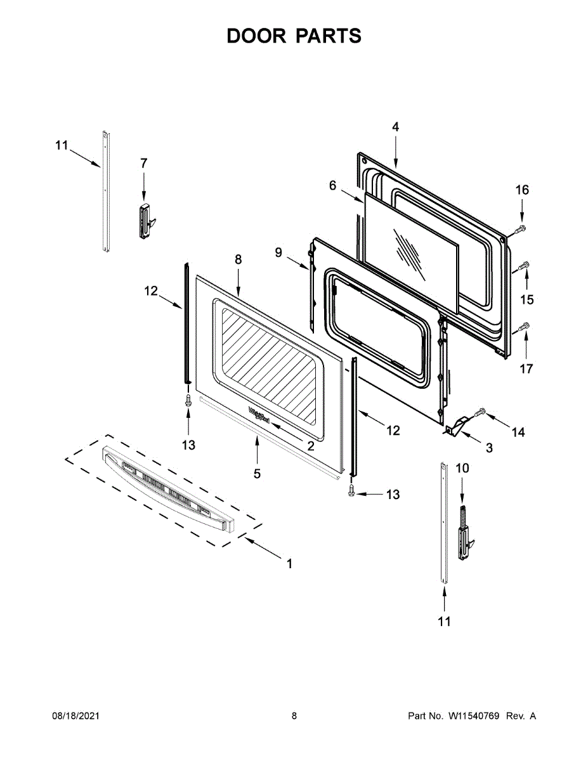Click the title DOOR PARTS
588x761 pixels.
(294, 36)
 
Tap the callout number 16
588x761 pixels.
(521, 190)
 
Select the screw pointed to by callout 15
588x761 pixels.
(525, 266)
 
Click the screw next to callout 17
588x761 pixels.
(525, 327)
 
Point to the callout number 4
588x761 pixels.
(395, 127)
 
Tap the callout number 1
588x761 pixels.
(289, 563)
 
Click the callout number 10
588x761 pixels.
(462, 468)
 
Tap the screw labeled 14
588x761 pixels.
(480, 413)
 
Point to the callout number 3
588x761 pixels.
(488, 448)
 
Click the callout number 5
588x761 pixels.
(257, 473)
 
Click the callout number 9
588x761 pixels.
(278, 252)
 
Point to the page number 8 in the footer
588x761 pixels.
(294, 716)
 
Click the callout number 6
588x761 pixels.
(332, 185)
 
